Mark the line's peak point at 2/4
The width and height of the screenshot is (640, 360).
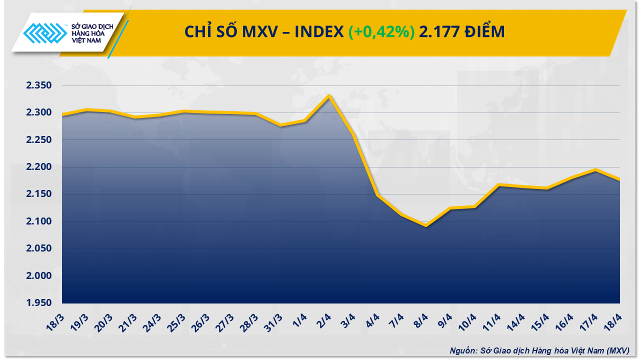[329, 95]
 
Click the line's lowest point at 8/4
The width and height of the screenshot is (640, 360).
[425, 225]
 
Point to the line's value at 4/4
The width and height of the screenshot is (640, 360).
[377, 195]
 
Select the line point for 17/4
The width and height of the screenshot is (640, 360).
[595, 170]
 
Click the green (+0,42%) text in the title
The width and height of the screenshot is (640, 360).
[381, 32]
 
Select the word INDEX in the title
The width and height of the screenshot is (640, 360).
[318, 32]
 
